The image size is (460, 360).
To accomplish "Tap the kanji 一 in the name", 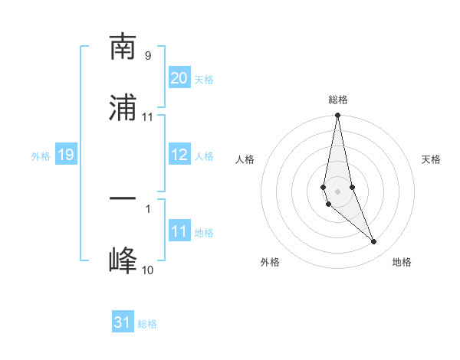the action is click(x=123, y=199).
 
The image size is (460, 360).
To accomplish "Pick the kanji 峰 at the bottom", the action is click(x=123, y=260).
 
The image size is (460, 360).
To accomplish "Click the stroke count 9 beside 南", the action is click(x=148, y=56).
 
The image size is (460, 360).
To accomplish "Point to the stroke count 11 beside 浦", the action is click(x=148, y=117).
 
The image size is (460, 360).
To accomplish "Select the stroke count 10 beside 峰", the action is click(x=148, y=270).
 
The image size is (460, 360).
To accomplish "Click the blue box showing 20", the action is click(x=179, y=78).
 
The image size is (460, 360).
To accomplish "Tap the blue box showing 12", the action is click(x=179, y=155).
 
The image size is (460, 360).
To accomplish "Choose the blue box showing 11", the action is click(x=179, y=231).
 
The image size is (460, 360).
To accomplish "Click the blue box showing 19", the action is click(x=65, y=155).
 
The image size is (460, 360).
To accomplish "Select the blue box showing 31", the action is click(x=123, y=322).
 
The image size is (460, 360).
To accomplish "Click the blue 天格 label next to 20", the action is click(x=203, y=80).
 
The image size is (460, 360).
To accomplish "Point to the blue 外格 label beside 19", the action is click(x=41, y=156).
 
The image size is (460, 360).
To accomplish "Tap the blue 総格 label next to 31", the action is click(x=147, y=324).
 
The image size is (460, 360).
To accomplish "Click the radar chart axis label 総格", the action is click(x=337, y=100).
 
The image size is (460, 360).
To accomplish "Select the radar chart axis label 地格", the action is click(x=402, y=262).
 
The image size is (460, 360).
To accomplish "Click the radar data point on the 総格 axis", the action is click(x=337, y=116).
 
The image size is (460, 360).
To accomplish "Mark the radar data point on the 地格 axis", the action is click(x=374, y=242).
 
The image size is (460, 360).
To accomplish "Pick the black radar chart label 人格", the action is click(x=245, y=159).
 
